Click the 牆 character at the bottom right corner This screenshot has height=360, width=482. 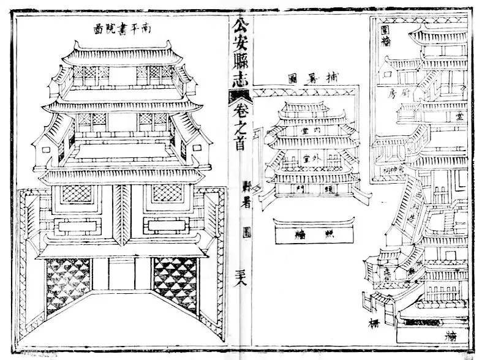453,336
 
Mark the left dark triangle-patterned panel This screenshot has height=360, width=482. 68,285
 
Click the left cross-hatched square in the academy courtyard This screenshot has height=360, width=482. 77,193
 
